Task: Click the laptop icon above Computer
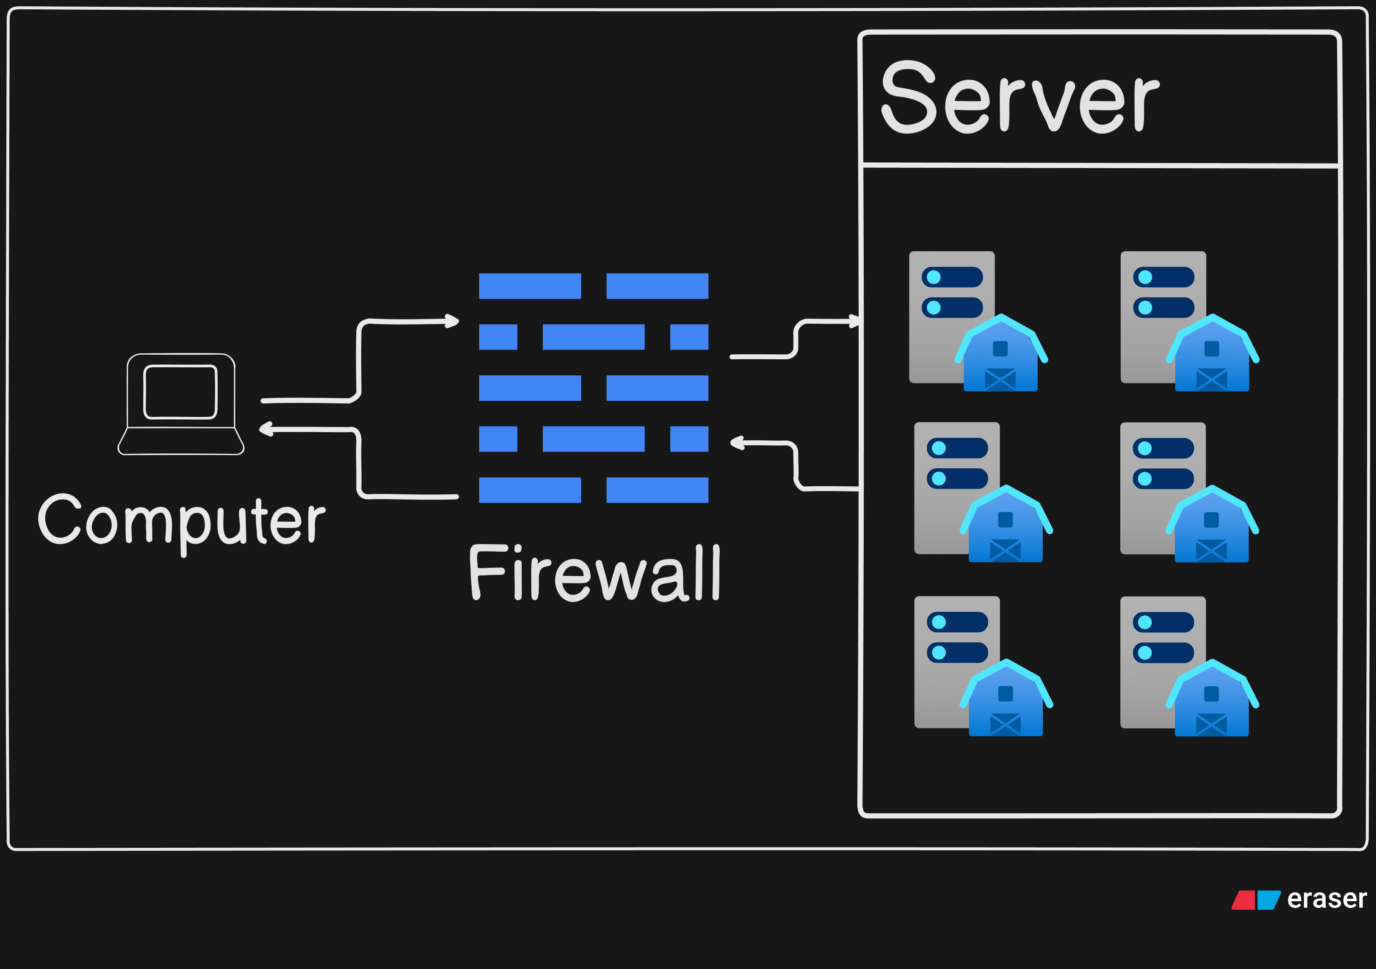pos(181,404)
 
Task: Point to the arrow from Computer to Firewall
pos(358,360)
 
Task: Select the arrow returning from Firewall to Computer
pos(358,462)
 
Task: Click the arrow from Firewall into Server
pos(795,339)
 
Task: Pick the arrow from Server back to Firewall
pos(796,466)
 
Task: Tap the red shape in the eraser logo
pos(1243,900)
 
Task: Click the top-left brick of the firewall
pos(530,286)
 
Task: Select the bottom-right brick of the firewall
pos(658,490)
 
